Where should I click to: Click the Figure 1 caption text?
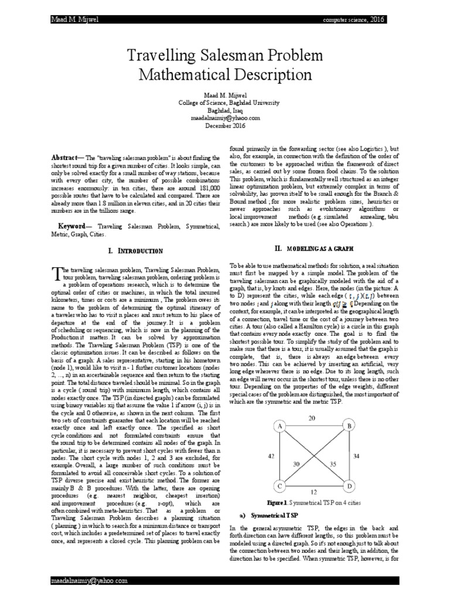click(x=316, y=503)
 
